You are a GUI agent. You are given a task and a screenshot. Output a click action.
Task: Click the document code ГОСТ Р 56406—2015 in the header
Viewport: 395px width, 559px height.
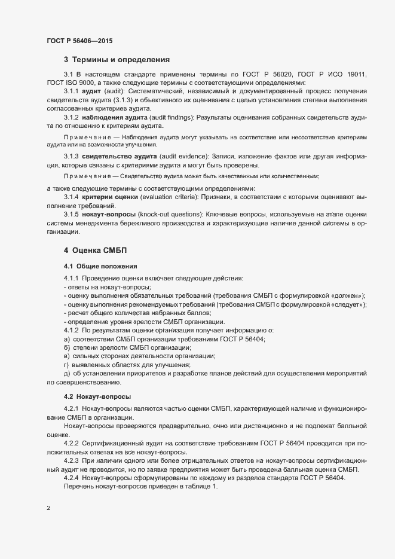(x=79, y=41)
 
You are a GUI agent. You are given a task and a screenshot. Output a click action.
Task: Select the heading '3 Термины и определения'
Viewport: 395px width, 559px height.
(x=117, y=60)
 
